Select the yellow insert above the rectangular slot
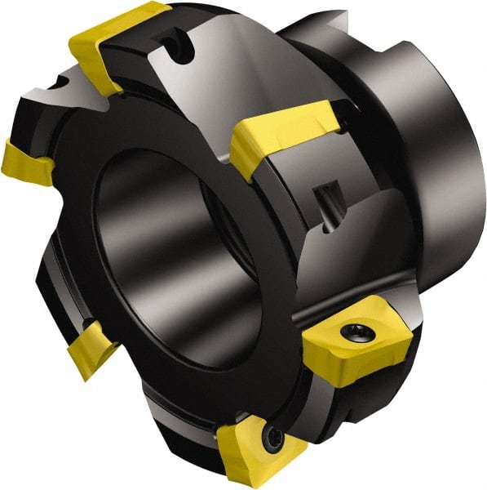tap(281, 131)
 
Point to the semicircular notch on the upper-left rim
tap(61, 82)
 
